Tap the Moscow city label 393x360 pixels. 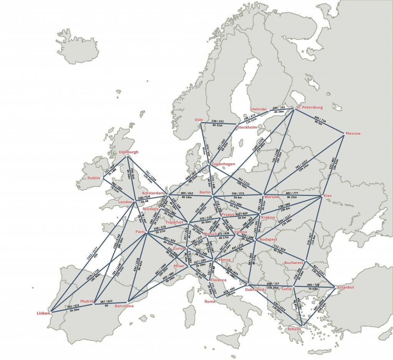[x=353, y=133]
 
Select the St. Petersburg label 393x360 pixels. [x=309, y=107]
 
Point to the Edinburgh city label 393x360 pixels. [x=129, y=152]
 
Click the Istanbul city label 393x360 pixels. [x=347, y=287]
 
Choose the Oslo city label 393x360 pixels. [x=198, y=119]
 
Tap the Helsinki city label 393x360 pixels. [x=258, y=109]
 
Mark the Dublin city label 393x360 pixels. [x=93, y=178]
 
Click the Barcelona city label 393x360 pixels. [x=124, y=306]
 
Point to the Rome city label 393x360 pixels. [x=210, y=301]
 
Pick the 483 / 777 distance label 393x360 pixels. [x=292, y=193]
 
